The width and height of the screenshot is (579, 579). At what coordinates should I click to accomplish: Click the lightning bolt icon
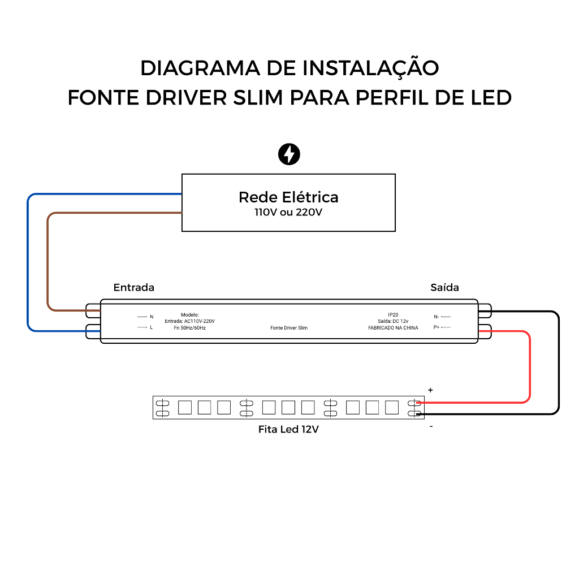(289, 154)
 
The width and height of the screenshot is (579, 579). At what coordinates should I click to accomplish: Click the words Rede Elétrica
(288, 197)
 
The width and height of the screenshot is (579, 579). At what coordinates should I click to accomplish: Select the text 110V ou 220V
(288, 213)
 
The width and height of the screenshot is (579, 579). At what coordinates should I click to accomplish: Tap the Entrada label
(134, 287)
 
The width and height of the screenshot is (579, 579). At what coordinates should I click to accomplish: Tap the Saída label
(444, 287)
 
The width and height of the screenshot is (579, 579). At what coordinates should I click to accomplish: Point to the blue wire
(28, 260)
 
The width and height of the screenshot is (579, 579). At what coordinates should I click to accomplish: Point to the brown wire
(48, 260)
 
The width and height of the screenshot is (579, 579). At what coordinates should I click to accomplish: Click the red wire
(529, 368)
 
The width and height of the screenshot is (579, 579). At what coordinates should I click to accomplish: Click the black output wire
(558, 362)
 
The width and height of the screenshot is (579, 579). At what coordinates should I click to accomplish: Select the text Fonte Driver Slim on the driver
(289, 328)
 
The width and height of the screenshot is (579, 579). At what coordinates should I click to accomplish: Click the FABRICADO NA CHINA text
(393, 328)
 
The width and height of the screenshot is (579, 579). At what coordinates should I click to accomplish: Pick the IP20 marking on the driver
(393, 314)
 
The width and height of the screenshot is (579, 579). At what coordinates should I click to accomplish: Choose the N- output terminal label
(437, 317)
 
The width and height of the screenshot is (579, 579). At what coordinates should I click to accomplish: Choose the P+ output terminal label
(437, 327)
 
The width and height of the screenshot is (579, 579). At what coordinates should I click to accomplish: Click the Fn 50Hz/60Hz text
(189, 328)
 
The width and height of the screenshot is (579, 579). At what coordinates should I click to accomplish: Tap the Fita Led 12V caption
(288, 429)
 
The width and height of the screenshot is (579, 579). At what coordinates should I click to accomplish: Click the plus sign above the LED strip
(430, 390)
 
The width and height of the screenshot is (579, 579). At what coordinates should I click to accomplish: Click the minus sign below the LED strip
(431, 426)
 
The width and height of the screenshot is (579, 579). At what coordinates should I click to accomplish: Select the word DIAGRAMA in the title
(200, 68)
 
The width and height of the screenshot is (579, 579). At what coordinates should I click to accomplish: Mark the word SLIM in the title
(257, 97)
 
